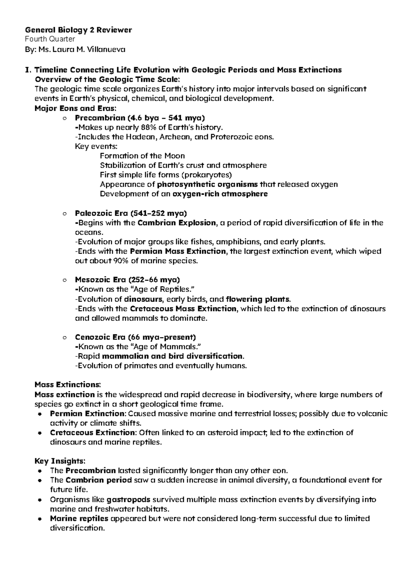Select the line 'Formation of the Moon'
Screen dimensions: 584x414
142,156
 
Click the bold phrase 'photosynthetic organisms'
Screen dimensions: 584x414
207,184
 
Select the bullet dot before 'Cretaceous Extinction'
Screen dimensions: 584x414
40,433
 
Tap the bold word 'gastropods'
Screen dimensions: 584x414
128,499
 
